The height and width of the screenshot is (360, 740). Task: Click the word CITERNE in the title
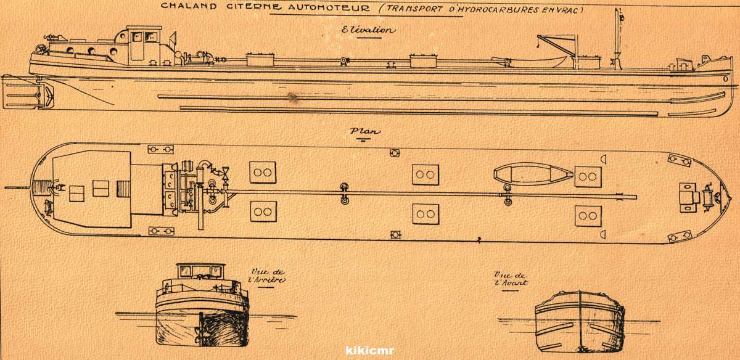253,7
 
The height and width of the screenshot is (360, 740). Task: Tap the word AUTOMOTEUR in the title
329,7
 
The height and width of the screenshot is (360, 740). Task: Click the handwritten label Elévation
368,30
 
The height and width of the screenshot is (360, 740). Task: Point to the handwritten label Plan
364,131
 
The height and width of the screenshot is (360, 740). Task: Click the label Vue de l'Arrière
267,276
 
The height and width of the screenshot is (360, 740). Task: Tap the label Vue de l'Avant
511,279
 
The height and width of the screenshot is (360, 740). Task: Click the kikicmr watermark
369,350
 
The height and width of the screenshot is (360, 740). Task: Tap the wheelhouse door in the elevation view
137,46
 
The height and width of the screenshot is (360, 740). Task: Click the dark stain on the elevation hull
292,97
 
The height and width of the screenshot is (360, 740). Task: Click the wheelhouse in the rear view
200,271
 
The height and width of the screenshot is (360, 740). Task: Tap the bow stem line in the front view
580,321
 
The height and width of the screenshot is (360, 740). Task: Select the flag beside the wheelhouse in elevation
173,39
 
